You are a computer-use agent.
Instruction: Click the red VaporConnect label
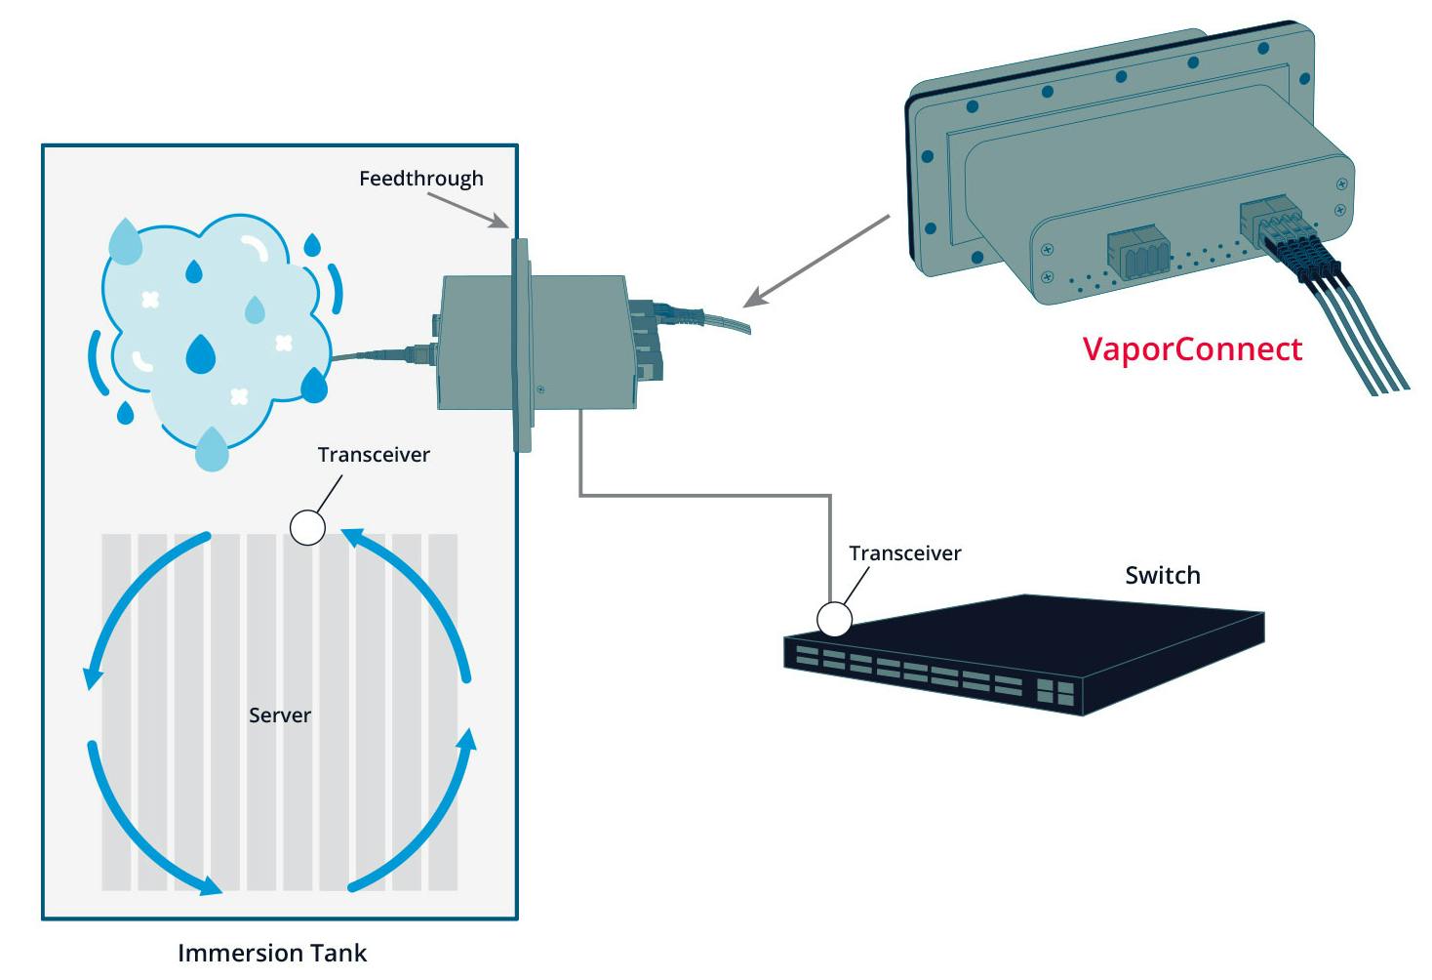coord(1192,349)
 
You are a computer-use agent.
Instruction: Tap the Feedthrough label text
coord(420,179)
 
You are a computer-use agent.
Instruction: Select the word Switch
coord(1162,575)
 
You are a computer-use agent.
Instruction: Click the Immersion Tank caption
coord(272,953)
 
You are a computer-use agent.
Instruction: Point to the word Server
coord(280,715)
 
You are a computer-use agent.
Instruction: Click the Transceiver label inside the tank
coord(374,455)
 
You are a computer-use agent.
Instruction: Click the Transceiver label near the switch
coord(904,553)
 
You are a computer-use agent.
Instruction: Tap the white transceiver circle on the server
coord(308,527)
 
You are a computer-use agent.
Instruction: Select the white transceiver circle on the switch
coord(834,619)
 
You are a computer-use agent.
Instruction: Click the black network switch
coord(1024,654)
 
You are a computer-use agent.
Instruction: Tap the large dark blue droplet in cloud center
coord(200,354)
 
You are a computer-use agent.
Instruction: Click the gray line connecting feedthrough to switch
coord(702,496)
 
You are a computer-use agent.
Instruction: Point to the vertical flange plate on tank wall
coord(522,347)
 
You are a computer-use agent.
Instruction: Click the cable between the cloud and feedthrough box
coord(380,354)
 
